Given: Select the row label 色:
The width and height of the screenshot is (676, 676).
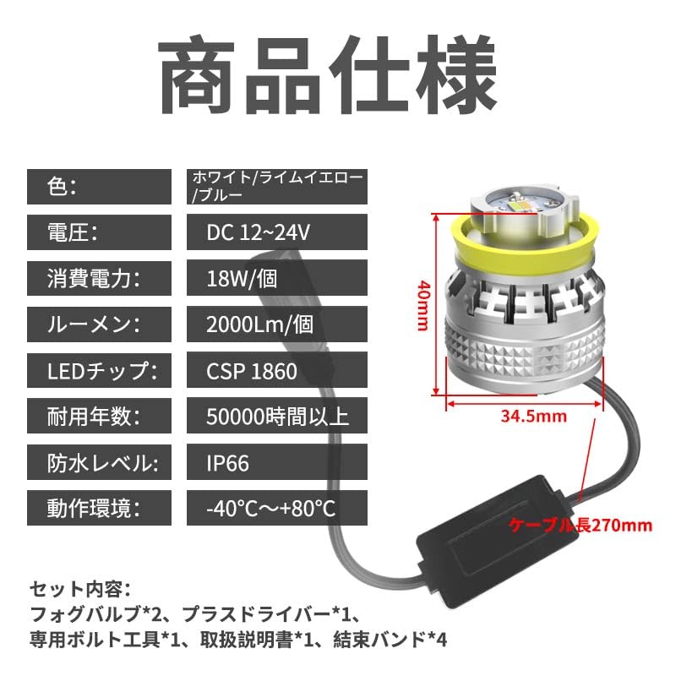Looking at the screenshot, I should coord(64,186).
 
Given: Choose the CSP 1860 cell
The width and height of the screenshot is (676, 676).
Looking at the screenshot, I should coord(251,370).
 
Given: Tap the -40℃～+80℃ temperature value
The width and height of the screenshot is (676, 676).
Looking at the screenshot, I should coord(271,509).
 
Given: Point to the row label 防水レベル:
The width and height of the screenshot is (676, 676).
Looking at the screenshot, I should coord(94,463).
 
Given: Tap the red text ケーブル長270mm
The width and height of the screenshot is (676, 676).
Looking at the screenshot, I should coord(581,525).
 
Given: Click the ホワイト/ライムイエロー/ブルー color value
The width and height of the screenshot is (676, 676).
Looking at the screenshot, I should coord(278,186).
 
